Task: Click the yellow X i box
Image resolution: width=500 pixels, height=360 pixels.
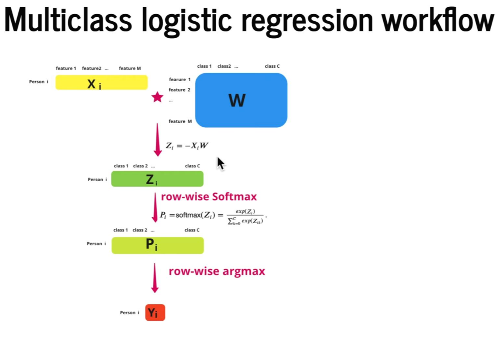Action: pos(101,82)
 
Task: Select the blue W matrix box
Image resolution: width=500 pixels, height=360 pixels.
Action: pos(241,100)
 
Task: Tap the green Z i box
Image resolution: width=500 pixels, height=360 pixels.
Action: pos(157,179)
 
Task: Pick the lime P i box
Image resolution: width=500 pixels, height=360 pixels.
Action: pos(157,245)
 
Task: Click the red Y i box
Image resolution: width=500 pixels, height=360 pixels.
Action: pos(155,313)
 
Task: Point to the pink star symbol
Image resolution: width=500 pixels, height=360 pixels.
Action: pos(157,98)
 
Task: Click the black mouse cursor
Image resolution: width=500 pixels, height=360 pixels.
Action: pos(221,163)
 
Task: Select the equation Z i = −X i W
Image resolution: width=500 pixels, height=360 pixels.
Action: pos(187,146)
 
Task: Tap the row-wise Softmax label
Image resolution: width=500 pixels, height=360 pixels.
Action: pos(209,197)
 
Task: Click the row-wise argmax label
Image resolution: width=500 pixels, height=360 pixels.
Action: pos(217,271)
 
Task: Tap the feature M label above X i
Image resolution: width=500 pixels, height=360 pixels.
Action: pos(130,68)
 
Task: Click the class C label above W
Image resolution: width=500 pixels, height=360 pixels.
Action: pos(272,66)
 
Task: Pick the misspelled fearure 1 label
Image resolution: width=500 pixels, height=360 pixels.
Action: pos(179,79)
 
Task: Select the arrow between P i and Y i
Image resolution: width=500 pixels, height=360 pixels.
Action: pos(155,278)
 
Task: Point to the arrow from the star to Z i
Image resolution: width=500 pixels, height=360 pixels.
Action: pos(158,139)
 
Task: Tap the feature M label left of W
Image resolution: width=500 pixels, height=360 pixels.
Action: pos(180,121)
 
